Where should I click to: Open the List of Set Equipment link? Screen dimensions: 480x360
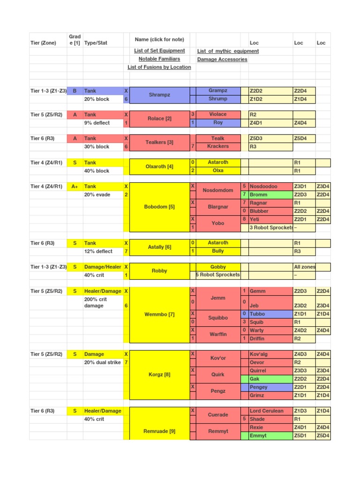[159, 51]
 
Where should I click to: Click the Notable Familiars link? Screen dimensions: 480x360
[159, 59]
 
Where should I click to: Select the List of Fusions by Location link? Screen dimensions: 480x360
[159, 67]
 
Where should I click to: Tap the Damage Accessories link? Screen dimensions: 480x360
[222, 60]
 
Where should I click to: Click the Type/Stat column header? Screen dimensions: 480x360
[96, 43]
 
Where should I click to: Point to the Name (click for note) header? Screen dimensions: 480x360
[159, 39]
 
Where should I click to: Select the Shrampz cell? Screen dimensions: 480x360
[159, 95]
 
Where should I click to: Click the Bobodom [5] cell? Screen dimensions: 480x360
[159, 207]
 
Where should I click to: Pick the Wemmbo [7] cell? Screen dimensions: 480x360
[159, 315]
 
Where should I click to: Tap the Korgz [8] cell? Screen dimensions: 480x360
[159, 375]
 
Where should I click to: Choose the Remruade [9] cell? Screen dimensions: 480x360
[159, 431]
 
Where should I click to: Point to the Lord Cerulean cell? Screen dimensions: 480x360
[266, 411]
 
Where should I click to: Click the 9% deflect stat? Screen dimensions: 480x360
[97, 123]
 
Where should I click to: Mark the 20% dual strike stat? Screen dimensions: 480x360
[102, 362]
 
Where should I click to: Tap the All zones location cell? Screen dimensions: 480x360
[304, 267]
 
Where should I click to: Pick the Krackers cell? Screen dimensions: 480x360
[218, 146]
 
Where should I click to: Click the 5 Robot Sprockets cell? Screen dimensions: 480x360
[218, 275]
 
